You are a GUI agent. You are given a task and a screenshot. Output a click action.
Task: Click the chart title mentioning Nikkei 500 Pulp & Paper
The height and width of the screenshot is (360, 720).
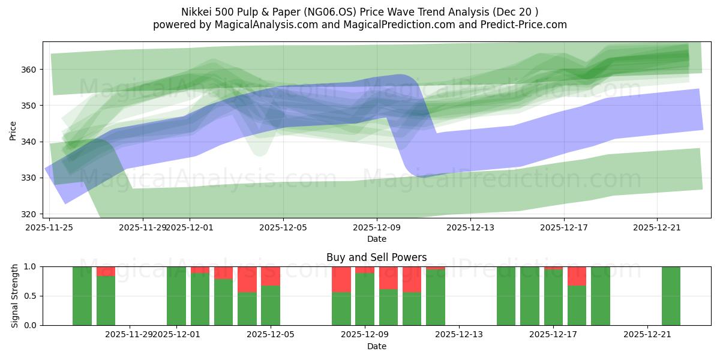coord(359,11)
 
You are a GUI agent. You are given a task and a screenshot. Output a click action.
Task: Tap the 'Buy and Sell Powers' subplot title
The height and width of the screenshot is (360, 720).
coord(376,257)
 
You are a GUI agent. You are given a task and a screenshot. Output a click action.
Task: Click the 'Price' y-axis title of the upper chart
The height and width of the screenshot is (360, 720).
coord(13,130)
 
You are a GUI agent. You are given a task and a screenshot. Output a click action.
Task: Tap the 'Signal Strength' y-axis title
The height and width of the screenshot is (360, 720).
coord(14,296)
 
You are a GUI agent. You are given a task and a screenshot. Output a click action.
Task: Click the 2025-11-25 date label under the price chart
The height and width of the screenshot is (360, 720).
coord(50,227)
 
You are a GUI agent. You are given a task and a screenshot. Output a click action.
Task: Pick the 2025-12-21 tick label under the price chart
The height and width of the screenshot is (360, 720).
coord(657,227)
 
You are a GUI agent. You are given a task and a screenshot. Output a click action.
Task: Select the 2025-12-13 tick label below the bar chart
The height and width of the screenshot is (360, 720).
coord(459,334)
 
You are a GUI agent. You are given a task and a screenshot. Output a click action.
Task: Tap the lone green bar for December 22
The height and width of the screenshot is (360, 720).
coord(671,296)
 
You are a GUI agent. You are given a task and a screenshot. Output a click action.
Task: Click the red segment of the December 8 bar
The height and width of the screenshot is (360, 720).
coord(341,279)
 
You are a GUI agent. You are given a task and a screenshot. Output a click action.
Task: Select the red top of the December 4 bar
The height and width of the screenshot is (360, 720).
coord(247,279)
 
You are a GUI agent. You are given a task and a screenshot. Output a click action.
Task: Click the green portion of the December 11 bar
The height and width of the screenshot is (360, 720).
coord(412,308)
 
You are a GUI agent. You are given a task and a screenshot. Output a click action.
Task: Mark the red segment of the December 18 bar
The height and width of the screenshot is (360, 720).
coord(577,275)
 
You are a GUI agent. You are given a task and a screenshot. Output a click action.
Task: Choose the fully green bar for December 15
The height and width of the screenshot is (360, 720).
coord(506,296)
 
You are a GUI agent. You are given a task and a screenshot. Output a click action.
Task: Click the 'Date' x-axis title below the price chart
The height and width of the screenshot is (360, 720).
coord(376,239)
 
